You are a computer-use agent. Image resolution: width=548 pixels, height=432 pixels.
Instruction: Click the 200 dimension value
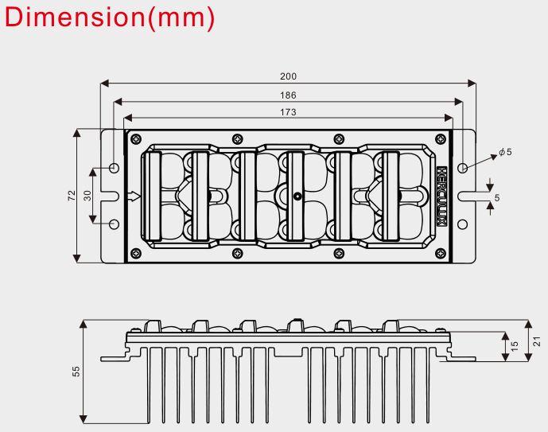pos(288,76)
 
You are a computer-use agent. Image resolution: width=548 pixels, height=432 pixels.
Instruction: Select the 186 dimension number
pos(288,95)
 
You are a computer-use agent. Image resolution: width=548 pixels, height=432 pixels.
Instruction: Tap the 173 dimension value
pos(288,112)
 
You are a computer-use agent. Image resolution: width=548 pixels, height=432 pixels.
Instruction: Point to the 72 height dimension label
pos(72,196)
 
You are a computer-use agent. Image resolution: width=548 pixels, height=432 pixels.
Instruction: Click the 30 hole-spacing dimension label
pos(87,196)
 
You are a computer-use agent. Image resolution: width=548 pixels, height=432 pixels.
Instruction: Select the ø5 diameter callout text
pos(505,152)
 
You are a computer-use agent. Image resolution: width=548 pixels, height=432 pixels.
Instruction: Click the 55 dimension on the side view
pos(76,372)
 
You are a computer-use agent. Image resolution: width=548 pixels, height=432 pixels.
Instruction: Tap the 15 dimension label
pos(515,346)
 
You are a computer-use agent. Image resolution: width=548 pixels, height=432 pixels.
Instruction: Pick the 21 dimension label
pos(536,341)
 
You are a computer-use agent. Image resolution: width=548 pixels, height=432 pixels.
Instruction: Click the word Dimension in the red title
pos(75,18)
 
